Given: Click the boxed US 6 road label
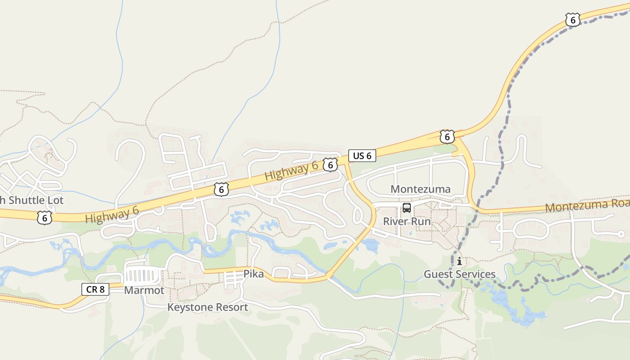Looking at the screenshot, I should click(362, 156).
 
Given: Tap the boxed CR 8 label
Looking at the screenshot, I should click(95, 289).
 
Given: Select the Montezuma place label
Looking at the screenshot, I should click(420, 189).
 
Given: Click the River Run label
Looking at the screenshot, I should click(407, 221).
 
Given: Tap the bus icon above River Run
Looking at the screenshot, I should click(407, 208).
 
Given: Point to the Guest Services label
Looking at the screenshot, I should click(459, 274).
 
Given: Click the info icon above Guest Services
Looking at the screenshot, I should click(459, 261).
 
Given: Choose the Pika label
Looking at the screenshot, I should click(253, 274).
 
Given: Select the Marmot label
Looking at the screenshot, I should click(144, 290).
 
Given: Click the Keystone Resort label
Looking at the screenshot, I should click(207, 307).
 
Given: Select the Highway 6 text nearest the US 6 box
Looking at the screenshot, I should click(292, 171).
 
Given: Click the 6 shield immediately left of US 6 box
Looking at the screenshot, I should click(330, 165).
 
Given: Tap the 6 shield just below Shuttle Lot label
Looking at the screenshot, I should click(45, 218).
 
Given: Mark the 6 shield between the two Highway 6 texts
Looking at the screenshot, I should click(221, 189).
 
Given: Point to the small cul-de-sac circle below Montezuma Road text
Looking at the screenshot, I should click(621, 234).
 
